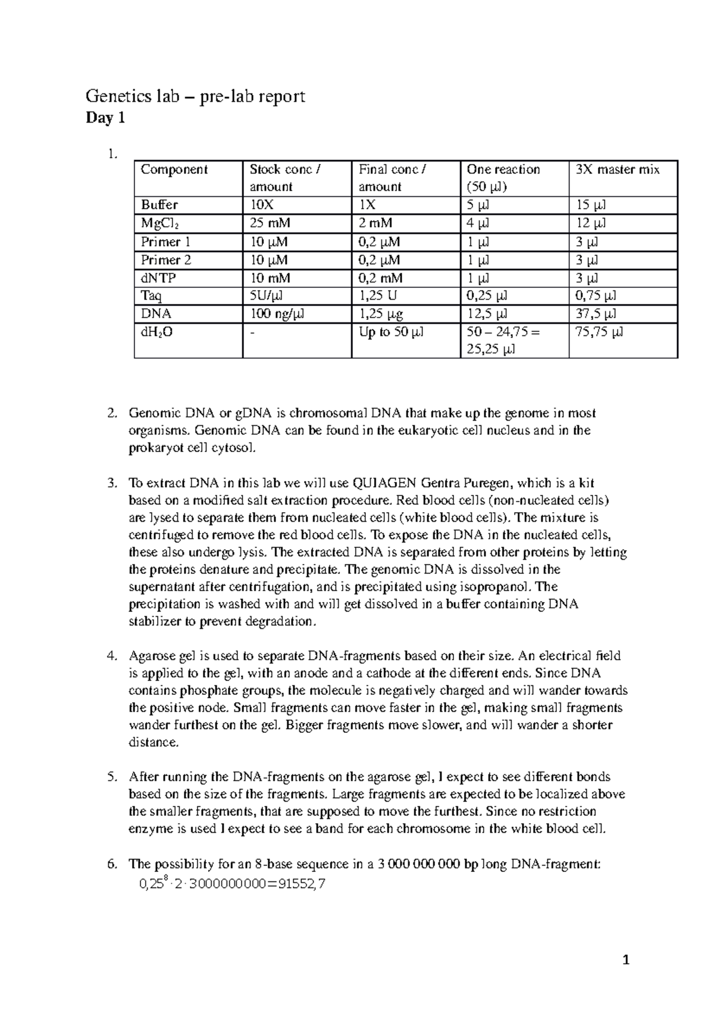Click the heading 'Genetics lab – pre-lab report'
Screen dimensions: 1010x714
click(x=196, y=96)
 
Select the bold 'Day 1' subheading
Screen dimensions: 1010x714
click(x=106, y=118)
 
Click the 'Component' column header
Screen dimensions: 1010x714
click(x=174, y=170)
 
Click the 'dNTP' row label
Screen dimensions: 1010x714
click(x=158, y=278)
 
